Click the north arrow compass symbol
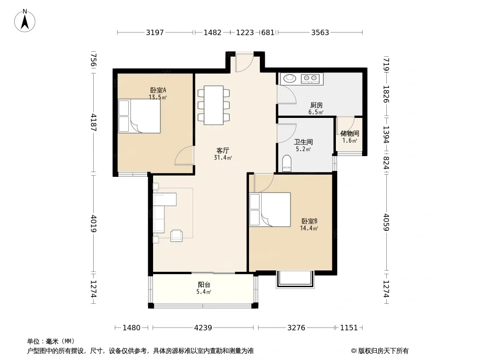(x=25, y=21)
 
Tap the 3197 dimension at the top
(x=155, y=32)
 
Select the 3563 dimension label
(x=320, y=32)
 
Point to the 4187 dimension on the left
(x=94, y=123)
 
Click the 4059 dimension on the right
(x=386, y=222)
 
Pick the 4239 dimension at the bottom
(x=203, y=328)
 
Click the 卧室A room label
(x=158, y=90)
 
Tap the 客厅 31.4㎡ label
(x=223, y=154)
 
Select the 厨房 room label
(x=316, y=105)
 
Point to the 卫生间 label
(x=303, y=142)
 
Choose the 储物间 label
(x=349, y=133)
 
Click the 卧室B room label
(x=309, y=221)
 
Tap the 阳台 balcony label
(x=204, y=285)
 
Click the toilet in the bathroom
(x=287, y=163)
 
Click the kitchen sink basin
(x=290, y=78)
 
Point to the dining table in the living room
(x=214, y=105)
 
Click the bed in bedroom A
(x=140, y=116)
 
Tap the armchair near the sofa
(x=177, y=235)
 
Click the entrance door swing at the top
(x=245, y=62)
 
